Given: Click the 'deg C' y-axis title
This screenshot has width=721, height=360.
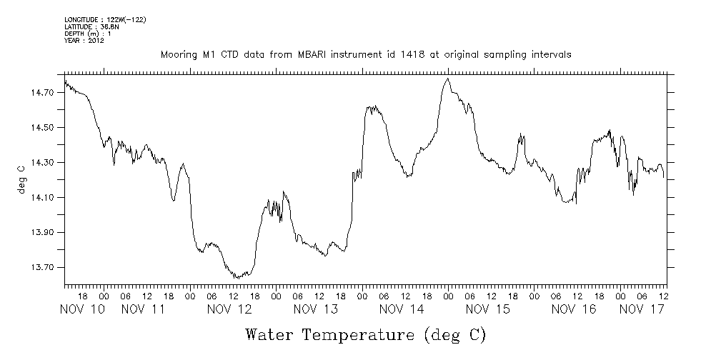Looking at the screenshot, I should (x=21, y=179).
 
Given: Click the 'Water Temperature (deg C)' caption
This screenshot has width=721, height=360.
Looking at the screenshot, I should (x=365, y=334).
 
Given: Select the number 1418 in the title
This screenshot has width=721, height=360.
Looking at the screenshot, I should (x=373, y=54).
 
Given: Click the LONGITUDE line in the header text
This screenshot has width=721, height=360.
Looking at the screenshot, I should (x=105, y=19).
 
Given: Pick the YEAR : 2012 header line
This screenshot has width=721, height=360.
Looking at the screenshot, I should (x=84, y=41).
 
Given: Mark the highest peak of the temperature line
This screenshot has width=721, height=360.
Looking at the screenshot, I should (x=447, y=79).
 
